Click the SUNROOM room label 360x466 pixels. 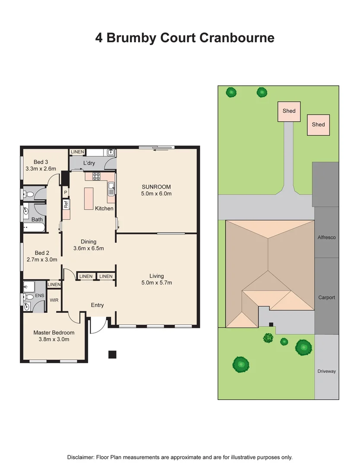coord(156,187)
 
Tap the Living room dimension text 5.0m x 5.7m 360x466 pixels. coord(157,283)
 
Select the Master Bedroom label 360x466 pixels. coord(54,333)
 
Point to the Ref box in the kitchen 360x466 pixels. coord(66,205)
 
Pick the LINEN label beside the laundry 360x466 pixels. coord(78,152)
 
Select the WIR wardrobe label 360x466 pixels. coord(54,299)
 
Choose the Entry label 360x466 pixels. coord(97,305)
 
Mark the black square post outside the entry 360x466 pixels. coord(112,354)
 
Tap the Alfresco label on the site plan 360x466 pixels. coord(327,237)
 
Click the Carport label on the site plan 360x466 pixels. coord(327,297)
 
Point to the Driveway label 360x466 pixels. coord(327,371)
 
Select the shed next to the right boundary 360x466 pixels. coord(319,125)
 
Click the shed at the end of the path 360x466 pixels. coord(289,111)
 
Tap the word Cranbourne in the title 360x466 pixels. coord(237,38)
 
